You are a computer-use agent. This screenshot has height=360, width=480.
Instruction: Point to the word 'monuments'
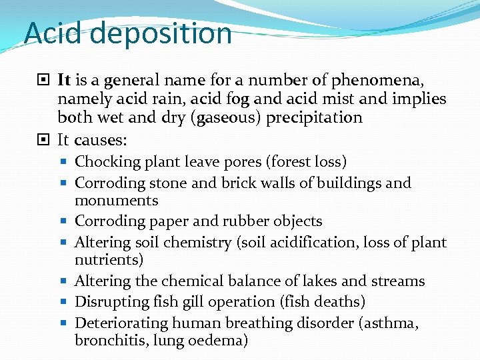pyautogui.click(x=117, y=200)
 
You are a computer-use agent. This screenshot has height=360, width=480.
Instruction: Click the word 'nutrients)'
pyautogui.click(x=109, y=259)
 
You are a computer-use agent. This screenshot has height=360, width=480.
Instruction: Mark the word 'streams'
pyautogui.click(x=398, y=281)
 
